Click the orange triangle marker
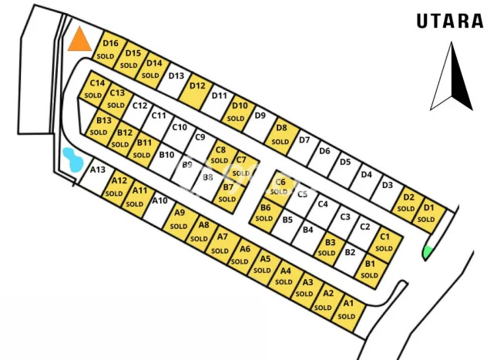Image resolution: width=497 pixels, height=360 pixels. [x=79, y=40]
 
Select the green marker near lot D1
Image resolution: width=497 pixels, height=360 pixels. [x=427, y=252]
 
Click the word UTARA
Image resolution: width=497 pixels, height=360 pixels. [x=450, y=21]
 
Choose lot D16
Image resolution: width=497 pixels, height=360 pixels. [x=109, y=49]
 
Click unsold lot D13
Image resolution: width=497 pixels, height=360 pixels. [x=176, y=76]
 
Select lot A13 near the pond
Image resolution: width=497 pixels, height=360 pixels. [x=97, y=170]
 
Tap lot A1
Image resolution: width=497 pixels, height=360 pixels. [x=348, y=309]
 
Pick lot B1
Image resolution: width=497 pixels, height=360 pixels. [x=370, y=269]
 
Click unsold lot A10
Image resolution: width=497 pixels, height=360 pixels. [x=159, y=202]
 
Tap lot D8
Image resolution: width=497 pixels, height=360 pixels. [x=280, y=134]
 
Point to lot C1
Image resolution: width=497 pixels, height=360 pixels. [x=385, y=242]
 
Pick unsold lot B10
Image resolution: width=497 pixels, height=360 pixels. [x=166, y=155]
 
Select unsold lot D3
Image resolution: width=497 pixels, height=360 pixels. [x=387, y=185]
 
